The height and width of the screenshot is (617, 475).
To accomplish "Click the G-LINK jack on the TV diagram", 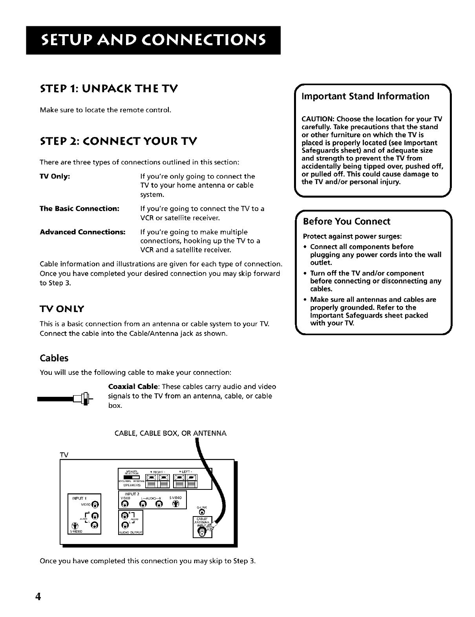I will [x=202, y=512].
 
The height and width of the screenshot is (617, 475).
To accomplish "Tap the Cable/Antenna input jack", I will [x=201, y=532].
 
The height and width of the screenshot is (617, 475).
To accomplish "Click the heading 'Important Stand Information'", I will [x=365, y=96].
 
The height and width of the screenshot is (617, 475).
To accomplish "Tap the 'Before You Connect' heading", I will [x=347, y=221].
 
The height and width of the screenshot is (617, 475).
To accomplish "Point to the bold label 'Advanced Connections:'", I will [x=82, y=232].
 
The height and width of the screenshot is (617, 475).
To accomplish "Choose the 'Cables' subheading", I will [x=54, y=358].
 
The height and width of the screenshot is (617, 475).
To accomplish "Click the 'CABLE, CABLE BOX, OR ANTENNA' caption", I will [x=170, y=433].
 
